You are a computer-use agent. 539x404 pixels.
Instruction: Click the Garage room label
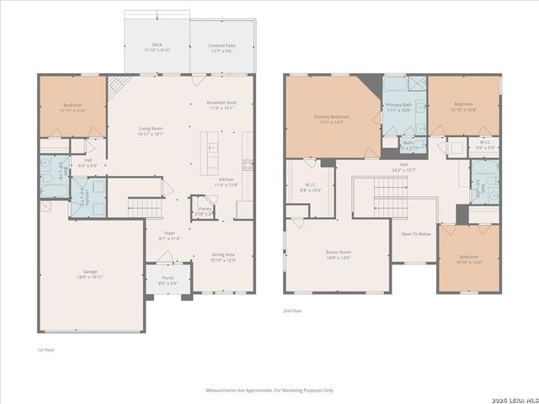(72, 274)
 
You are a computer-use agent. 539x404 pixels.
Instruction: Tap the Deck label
(157, 47)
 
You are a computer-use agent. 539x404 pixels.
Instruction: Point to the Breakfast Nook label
(221, 105)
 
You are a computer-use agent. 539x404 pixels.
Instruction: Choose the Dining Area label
(223, 258)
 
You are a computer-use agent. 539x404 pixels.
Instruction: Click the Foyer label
(169, 236)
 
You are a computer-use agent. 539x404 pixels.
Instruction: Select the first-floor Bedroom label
(73, 108)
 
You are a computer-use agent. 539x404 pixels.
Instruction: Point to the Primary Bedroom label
(332, 120)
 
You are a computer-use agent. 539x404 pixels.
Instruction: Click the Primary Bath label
(399, 108)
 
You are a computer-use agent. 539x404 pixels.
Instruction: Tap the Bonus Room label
(339, 254)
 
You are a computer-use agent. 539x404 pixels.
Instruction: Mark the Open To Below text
(417, 234)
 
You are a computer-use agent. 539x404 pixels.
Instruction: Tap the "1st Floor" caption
(45, 349)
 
